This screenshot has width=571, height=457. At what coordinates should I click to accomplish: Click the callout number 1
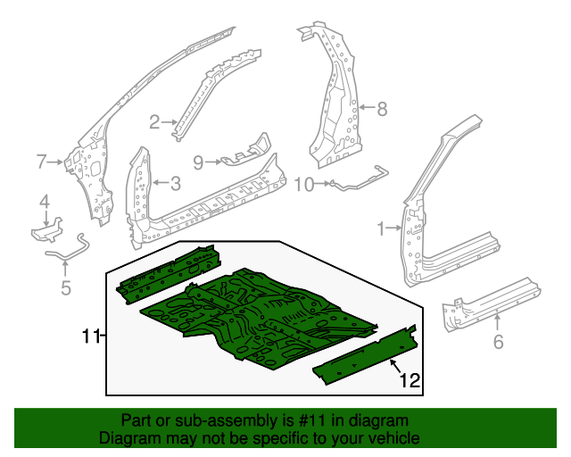coord(382,229)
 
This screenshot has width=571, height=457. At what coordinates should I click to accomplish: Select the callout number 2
coord(153,122)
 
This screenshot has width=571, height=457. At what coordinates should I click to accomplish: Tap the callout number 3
coord(176,184)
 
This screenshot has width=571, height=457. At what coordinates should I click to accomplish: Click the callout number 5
coord(65,287)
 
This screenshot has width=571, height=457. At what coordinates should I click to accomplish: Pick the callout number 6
coord(498,341)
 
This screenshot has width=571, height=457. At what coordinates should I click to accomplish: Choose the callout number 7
coord(41,162)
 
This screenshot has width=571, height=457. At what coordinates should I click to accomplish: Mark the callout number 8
coord(382,110)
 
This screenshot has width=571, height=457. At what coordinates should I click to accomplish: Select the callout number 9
coord(198,162)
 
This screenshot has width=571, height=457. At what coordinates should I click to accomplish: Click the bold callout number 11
coord(89,336)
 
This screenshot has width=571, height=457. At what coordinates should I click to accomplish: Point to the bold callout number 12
coord(409,381)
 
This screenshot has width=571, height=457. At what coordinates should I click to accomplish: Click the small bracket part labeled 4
coord(46,231)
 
